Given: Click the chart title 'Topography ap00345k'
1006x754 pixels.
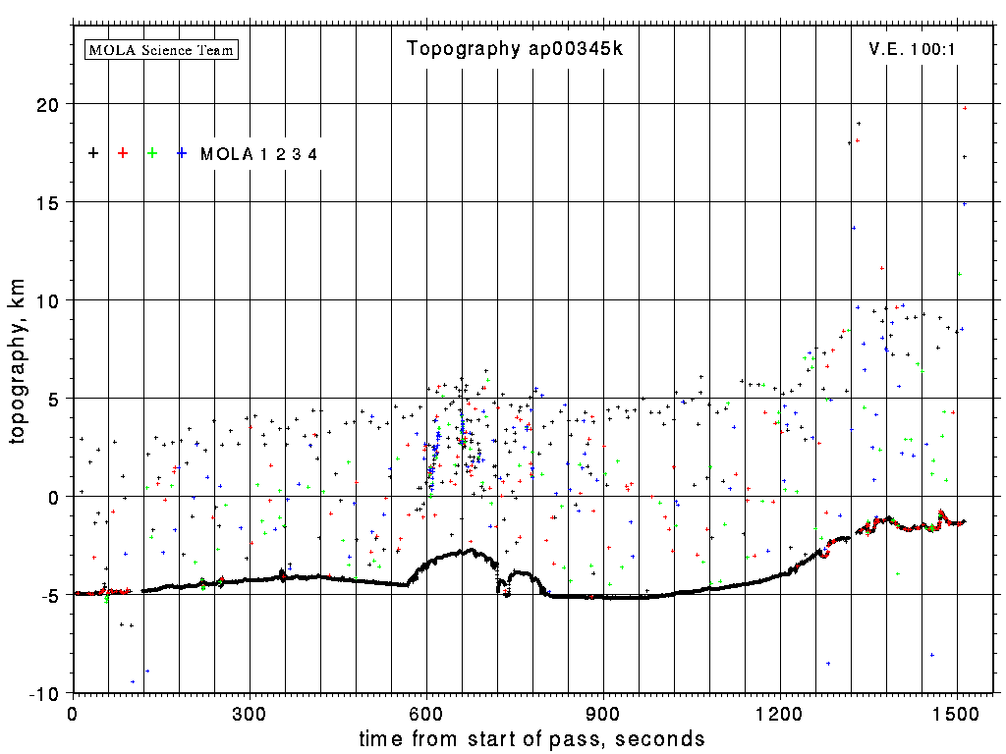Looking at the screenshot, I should (x=515, y=49).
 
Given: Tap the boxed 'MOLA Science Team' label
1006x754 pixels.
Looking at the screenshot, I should (x=162, y=49).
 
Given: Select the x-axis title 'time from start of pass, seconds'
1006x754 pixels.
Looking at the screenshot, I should (x=531, y=738).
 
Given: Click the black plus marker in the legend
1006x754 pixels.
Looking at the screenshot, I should (x=93, y=153).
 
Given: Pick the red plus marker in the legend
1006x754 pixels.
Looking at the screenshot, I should (x=123, y=153).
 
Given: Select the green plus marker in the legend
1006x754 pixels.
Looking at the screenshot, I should (x=152, y=153).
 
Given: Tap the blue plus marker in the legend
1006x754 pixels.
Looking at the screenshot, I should (x=182, y=153).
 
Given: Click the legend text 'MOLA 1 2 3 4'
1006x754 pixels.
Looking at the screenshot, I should (x=258, y=154).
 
